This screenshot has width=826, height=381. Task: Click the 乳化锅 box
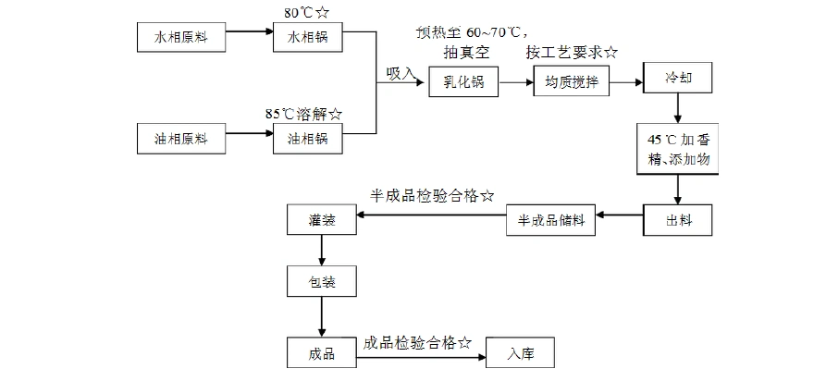[x=463, y=82]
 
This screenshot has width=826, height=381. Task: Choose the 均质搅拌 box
[x=567, y=82]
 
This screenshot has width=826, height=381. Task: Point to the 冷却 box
[x=678, y=80]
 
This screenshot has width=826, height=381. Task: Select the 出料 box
[x=678, y=220]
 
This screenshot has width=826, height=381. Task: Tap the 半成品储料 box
[x=551, y=220]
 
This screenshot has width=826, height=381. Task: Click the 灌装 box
[x=321, y=220]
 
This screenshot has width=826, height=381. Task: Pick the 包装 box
[x=321, y=281]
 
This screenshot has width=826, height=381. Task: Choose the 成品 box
[x=321, y=352]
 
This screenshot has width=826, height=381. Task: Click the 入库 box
[x=522, y=352]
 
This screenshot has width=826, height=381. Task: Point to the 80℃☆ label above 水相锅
[x=302, y=13]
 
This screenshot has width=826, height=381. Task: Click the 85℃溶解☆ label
[x=303, y=114]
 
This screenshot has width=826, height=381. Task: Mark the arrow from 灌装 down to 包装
[x=321, y=251]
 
